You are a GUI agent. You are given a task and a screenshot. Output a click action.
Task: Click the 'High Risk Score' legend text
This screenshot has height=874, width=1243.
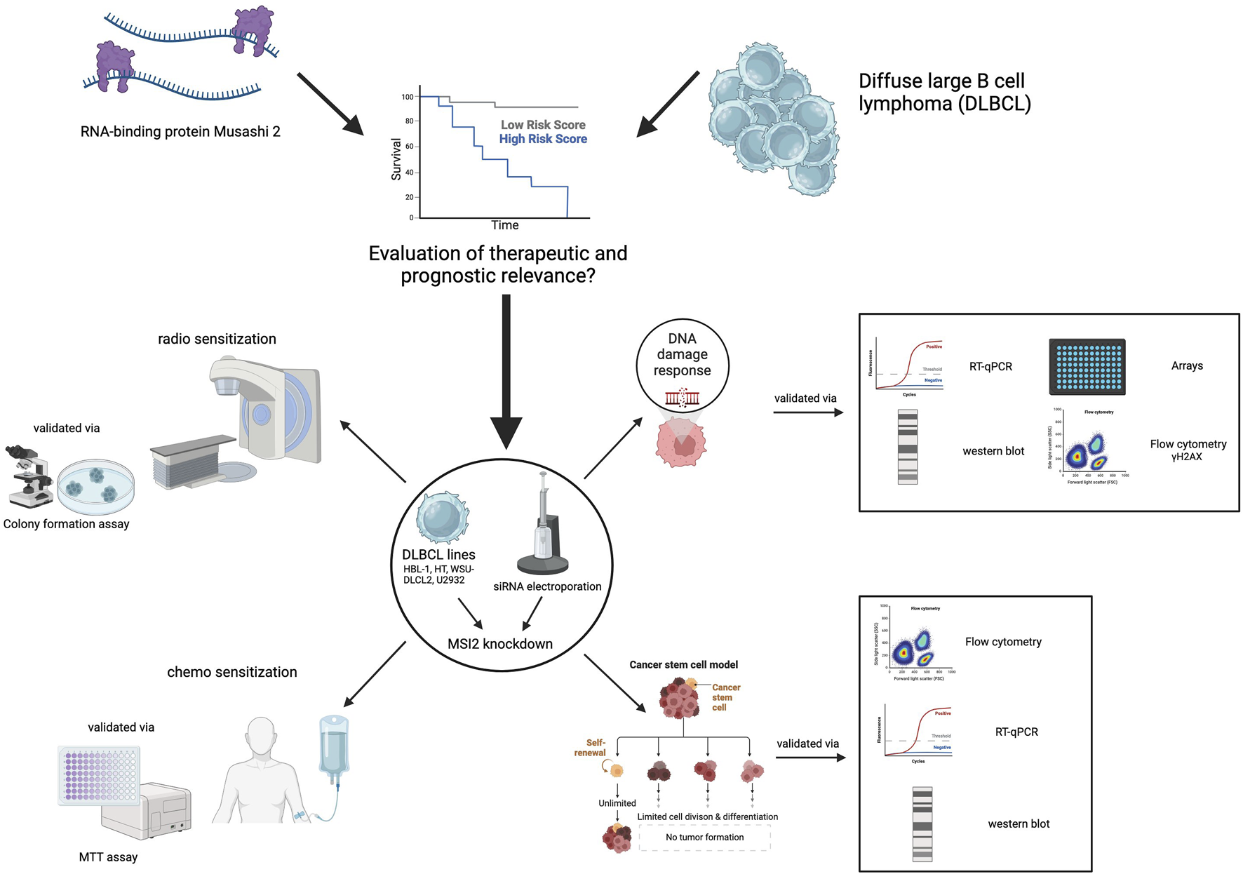pos(542,139)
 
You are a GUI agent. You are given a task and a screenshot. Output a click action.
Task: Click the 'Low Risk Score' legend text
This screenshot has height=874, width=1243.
pos(542,125)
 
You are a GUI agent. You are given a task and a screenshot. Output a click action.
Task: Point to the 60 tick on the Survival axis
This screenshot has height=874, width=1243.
pos(408,147)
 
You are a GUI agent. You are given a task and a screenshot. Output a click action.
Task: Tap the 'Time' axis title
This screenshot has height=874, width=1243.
pos(504,225)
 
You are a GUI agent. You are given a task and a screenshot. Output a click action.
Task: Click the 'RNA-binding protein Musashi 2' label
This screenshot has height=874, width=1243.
pos(180,131)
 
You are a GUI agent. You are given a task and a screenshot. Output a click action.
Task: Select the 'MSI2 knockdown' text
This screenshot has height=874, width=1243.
pos(500,643)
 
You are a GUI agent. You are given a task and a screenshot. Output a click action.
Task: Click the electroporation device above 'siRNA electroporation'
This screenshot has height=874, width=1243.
pos(543,526)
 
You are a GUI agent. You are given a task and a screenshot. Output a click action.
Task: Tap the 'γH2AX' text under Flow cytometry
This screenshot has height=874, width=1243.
pos(1187,457)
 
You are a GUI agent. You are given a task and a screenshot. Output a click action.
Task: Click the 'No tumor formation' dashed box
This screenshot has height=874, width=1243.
pos(704,837)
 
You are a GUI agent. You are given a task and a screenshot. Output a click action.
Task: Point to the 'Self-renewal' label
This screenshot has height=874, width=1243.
pos(591,747)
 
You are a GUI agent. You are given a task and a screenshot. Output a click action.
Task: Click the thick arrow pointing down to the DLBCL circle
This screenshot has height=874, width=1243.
pos(506,372)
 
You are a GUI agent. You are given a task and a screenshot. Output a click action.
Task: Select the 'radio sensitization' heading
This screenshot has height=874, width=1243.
pos(217,339)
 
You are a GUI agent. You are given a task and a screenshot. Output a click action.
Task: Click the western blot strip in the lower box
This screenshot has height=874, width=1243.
pos(922,823)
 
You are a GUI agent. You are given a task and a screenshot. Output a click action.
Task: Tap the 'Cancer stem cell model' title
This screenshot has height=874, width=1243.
pos(683,664)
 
